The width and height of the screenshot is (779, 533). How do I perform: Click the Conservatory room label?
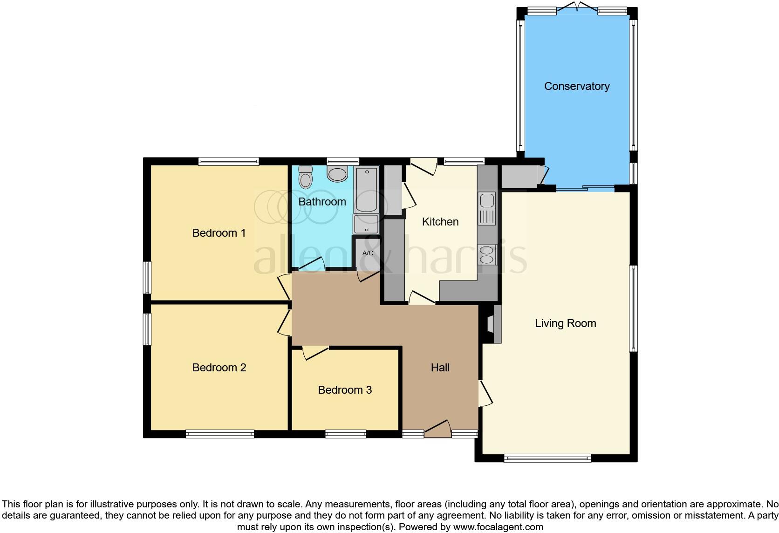click(x=577, y=86)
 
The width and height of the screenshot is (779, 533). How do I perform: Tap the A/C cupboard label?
click(x=368, y=253)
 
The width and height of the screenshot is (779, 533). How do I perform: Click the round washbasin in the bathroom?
click(x=337, y=174)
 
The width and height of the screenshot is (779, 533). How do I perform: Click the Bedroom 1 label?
click(x=219, y=233)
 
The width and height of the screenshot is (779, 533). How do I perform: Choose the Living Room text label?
click(x=565, y=323)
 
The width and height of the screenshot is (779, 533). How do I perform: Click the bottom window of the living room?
click(x=547, y=458)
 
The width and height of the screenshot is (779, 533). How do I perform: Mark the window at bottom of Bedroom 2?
click(x=219, y=434)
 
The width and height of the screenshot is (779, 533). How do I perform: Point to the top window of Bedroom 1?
click(x=228, y=161)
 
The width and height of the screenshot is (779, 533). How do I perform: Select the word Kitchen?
click(x=440, y=222)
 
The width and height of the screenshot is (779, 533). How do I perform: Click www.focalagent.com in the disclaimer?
click(x=498, y=527)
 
